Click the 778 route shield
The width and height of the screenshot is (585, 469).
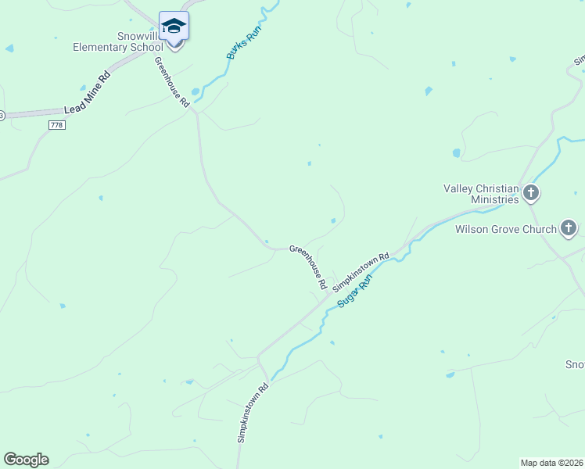(56, 125)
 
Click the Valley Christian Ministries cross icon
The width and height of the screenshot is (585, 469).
(531, 192)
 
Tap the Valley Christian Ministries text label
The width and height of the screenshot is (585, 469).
(481, 194)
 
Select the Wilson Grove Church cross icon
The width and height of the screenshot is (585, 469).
(568, 229)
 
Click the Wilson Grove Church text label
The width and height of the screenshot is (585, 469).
(505, 229)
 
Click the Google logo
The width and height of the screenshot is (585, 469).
(26, 460)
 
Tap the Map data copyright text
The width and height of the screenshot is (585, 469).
(552, 463)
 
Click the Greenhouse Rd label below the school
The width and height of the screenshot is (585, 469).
(172, 82)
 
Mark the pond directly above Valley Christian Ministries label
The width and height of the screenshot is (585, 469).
(456, 153)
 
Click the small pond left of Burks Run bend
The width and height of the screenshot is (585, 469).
(195, 91)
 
